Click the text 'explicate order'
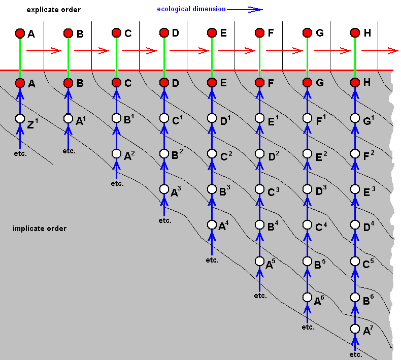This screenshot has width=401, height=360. [x=53, y=10]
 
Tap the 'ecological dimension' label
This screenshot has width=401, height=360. [x=191, y=9]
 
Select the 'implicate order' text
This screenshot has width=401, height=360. [x=40, y=228]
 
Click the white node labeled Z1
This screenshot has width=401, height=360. [x=20, y=118]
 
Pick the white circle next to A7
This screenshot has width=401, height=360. [x=355, y=329]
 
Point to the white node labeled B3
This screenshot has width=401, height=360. [x=212, y=189]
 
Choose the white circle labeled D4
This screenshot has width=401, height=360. [x=355, y=225]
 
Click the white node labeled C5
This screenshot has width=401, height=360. [x=355, y=261]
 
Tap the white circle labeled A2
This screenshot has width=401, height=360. [x=116, y=154]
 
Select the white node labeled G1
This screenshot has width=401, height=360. [x=355, y=118]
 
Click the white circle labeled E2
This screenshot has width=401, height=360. [x=307, y=154]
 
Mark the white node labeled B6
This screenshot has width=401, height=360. [x=355, y=298]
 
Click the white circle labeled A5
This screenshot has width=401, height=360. [x=259, y=261]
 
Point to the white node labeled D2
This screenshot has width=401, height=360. [x=259, y=154]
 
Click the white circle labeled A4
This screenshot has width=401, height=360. [x=212, y=225]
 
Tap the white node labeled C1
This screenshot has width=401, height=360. [x=164, y=118]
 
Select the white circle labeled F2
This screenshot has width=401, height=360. [x=355, y=154]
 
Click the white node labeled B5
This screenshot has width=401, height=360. [x=307, y=261]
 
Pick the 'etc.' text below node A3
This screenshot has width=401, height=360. [x=165, y=220]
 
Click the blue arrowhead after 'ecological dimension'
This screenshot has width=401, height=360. [x=255, y=10]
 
